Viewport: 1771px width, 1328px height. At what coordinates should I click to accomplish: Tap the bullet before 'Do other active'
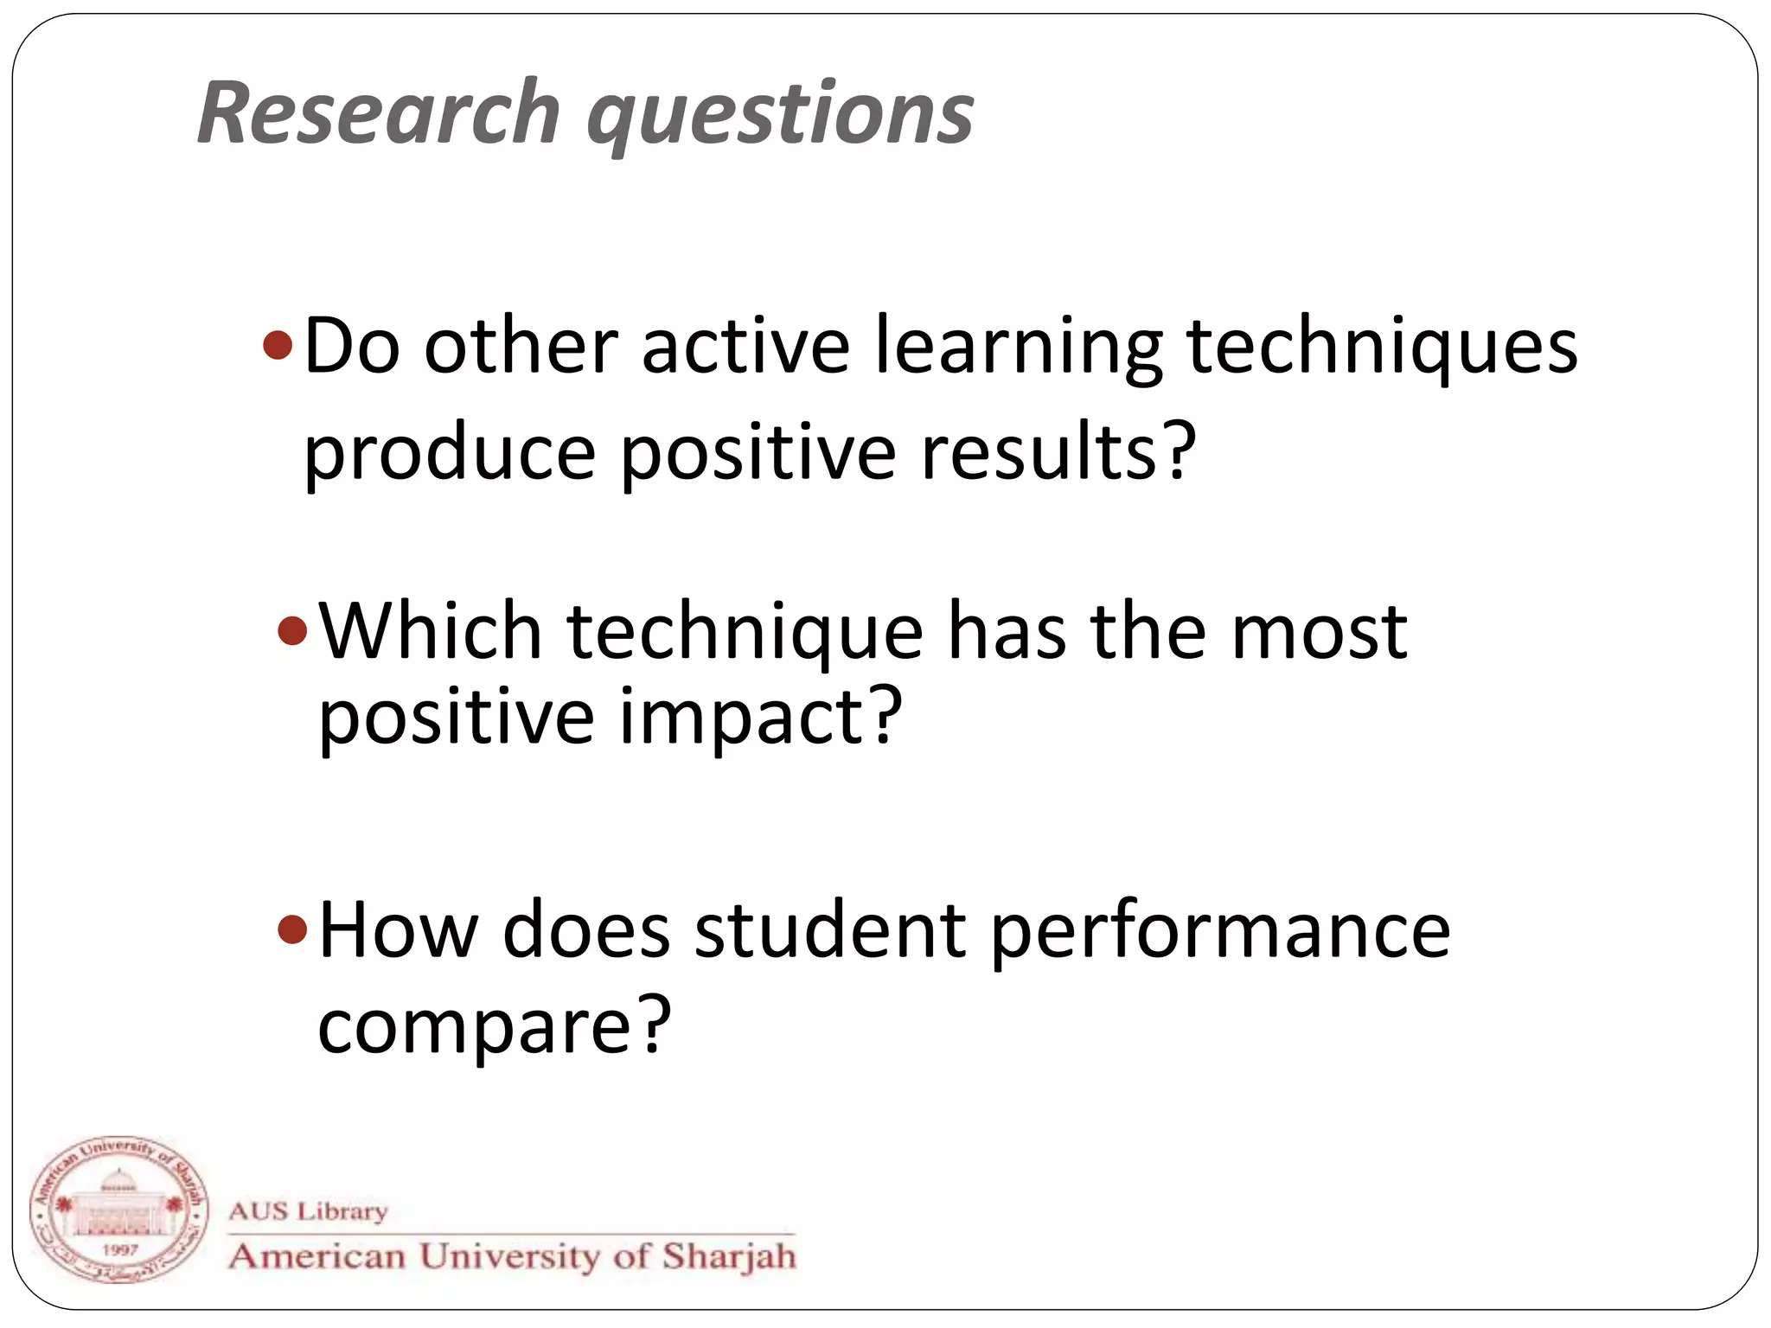click(x=278, y=346)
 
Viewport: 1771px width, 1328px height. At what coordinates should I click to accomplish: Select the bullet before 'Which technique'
click(x=292, y=631)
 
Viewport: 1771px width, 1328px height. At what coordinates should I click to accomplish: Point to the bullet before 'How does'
click(x=292, y=930)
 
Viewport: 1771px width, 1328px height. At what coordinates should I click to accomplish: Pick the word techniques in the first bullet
click(x=1382, y=348)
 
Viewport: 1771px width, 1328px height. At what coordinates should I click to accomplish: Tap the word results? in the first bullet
click(x=1058, y=453)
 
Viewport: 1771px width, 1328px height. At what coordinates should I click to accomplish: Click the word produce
click(x=450, y=455)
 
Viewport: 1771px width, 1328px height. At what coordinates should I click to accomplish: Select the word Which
click(x=431, y=631)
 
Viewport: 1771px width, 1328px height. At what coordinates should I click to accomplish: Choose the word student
click(x=830, y=930)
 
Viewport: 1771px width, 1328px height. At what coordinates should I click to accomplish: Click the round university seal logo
click(x=119, y=1210)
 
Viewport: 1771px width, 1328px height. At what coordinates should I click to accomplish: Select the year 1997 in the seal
click(x=119, y=1249)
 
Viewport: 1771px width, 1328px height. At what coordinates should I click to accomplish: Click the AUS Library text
click(x=308, y=1210)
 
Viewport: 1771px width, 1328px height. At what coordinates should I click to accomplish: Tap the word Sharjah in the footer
click(x=729, y=1256)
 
